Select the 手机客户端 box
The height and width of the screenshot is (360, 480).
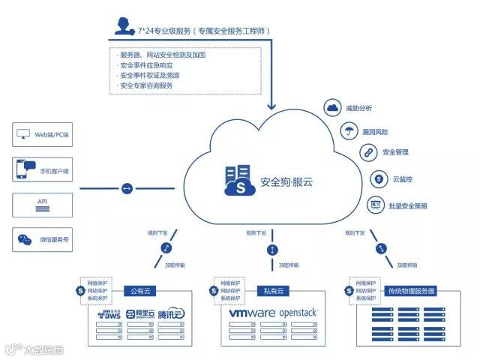coord(43,170)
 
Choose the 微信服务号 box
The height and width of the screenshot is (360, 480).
coord(43,240)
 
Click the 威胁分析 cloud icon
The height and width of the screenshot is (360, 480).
coord(333,108)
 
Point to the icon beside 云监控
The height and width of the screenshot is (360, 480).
coord(379,179)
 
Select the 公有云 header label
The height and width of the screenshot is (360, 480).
coord(142,290)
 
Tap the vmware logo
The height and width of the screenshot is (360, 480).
coord(250,313)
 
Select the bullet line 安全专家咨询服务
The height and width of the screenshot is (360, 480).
coord(146,85)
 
